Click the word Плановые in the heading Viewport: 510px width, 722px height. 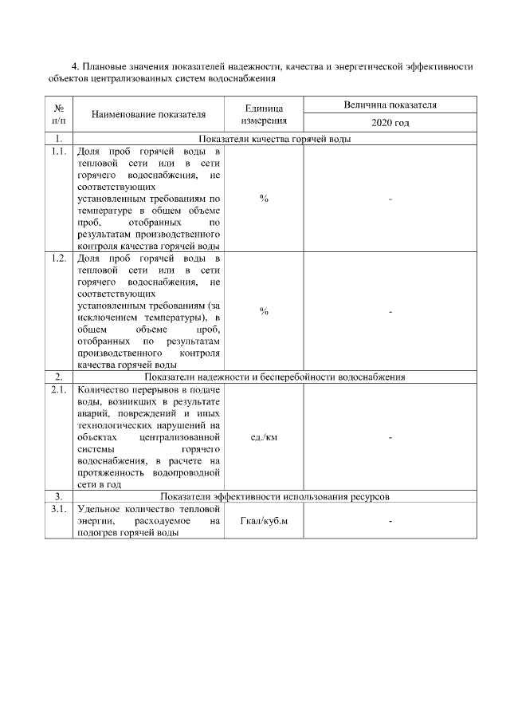click(x=108, y=68)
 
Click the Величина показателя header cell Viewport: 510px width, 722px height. click(x=390, y=105)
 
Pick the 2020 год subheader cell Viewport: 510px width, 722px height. click(x=390, y=124)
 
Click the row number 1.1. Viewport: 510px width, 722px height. click(x=58, y=151)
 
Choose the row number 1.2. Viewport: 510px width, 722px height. click(x=58, y=259)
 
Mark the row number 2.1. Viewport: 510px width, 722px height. click(x=58, y=389)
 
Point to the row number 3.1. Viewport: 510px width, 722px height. click(x=58, y=509)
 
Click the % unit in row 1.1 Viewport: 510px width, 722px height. click(x=264, y=198)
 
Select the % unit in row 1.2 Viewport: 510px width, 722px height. click(x=264, y=311)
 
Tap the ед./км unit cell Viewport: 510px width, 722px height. click(x=264, y=437)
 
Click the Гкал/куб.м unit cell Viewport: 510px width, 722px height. click(x=264, y=522)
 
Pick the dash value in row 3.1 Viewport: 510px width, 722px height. click(x=390, y=522)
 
